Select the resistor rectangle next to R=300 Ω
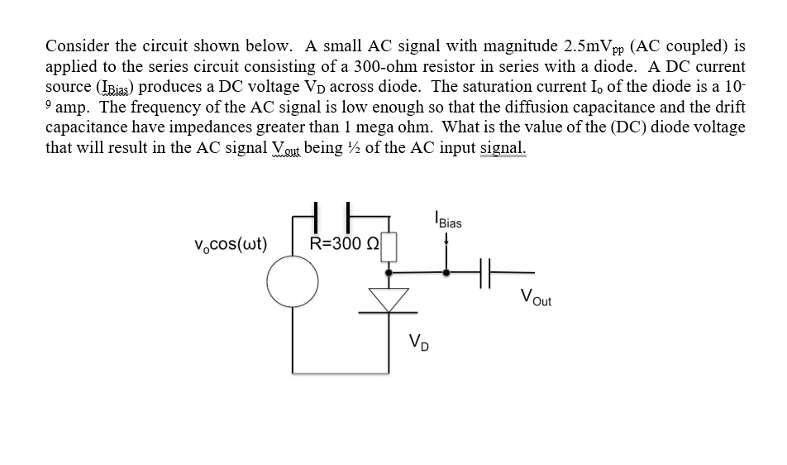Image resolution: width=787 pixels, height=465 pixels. point(389,246)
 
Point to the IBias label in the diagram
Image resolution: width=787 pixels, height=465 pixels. point(447,222)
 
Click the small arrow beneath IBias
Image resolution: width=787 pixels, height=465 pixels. point(447,240)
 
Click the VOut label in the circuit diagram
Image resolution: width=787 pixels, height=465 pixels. point(537,299)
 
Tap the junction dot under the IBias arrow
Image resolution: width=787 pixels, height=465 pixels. point(447,271)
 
